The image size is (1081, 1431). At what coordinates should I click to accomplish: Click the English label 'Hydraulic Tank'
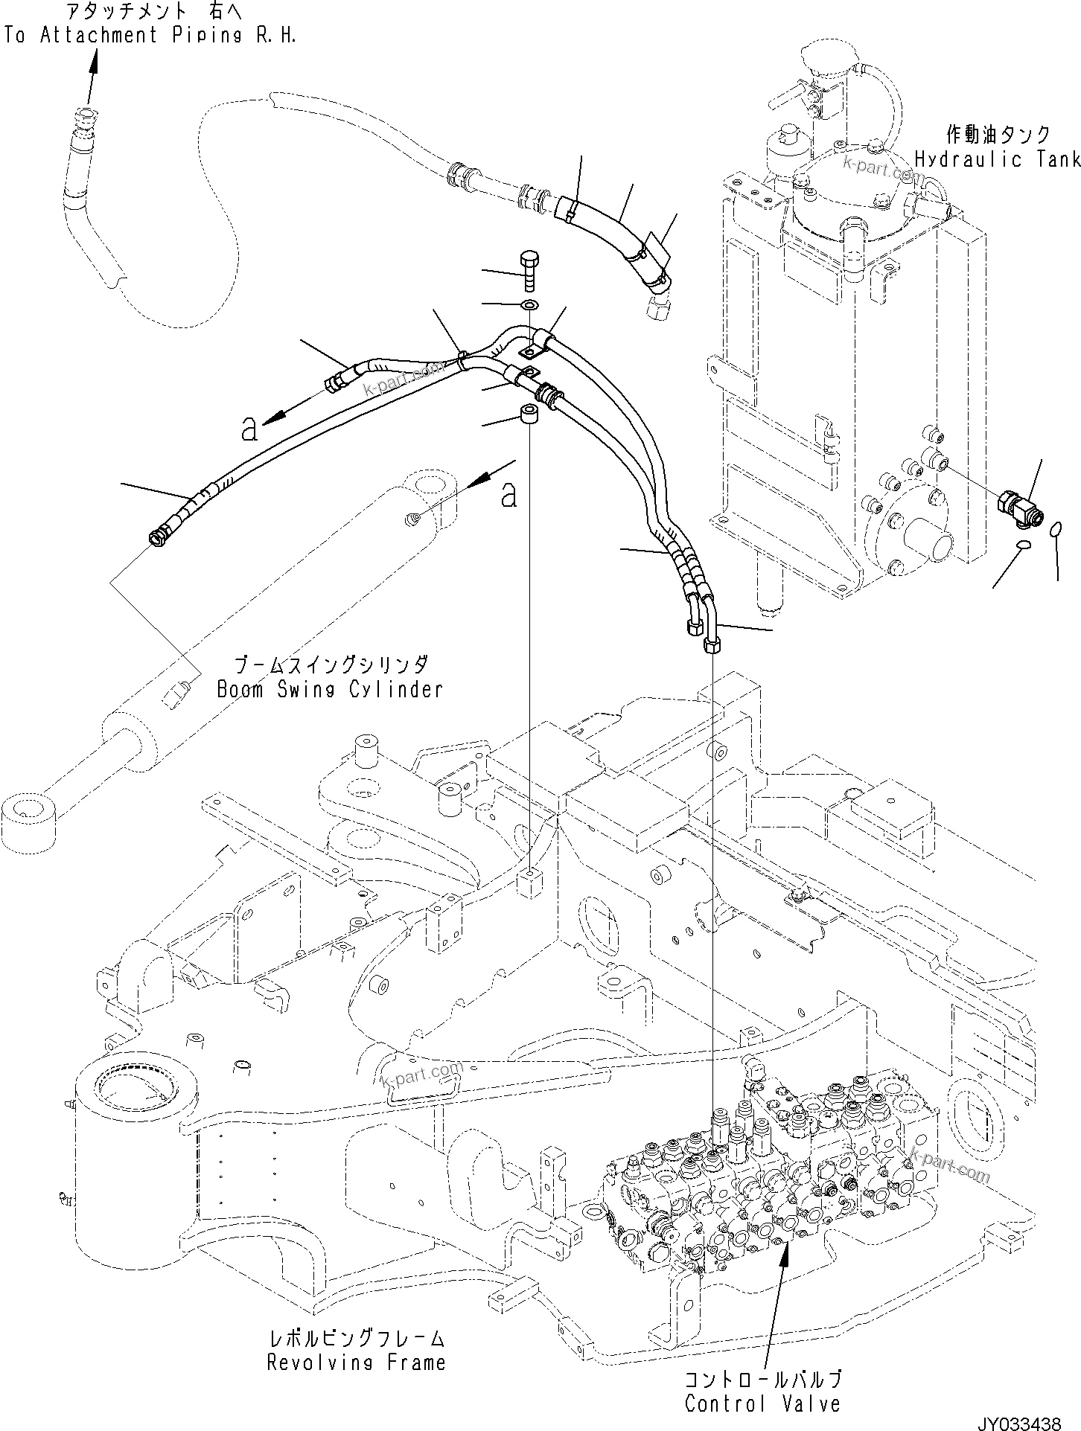(x=997, y=159)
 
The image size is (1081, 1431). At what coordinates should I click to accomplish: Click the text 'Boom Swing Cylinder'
(x=330, y=689)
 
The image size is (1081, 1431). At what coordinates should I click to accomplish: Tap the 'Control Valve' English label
(x=762, y=1403)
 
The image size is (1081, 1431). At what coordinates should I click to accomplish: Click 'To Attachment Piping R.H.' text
(x=149, y=35)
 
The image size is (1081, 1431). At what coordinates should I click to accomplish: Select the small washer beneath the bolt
(x=529, y=304)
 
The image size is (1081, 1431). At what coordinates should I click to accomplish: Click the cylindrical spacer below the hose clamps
(x=530, y=414)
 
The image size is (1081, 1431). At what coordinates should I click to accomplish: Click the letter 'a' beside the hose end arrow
(x=250, y=429)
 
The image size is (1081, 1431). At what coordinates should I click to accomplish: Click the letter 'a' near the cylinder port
(x=508, y=494)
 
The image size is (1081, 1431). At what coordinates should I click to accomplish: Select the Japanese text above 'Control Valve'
(x=764, y=1378)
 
